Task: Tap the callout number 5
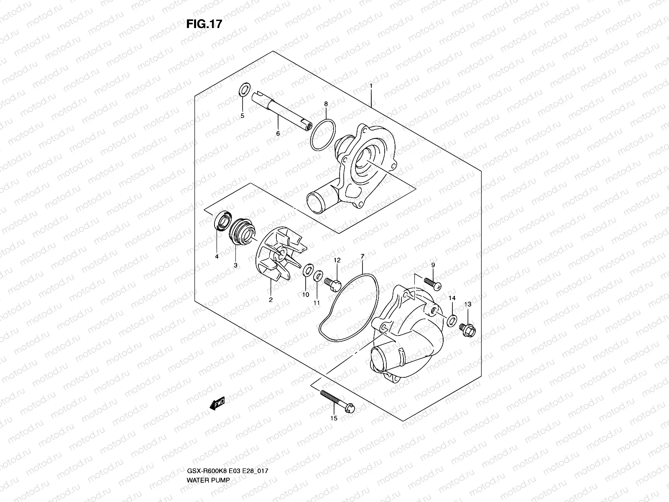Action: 242,115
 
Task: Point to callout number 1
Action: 370,86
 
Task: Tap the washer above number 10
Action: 308,270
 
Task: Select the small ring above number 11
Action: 318,275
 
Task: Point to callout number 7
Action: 362,256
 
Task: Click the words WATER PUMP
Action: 208,480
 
